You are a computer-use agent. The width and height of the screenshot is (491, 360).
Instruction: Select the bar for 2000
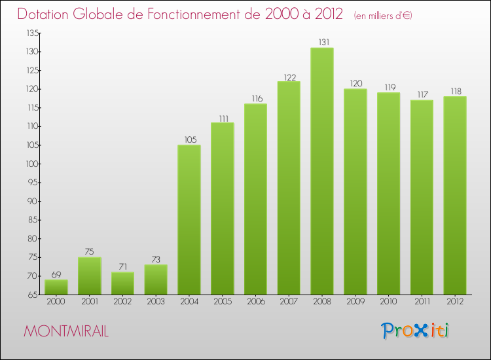tap(56, 287)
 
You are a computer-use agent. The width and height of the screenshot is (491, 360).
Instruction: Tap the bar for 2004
tap(189, 220)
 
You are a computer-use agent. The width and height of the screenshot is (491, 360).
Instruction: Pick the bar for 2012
tap(455, 196)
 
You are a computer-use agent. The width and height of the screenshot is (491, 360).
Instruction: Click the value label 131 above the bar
tap(322, 43)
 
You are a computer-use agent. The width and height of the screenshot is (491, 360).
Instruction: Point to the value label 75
tap(90, 252)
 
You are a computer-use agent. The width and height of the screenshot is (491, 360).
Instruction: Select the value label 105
tap(189, 139)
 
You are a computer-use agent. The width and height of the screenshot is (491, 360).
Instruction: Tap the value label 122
tap(289, 76)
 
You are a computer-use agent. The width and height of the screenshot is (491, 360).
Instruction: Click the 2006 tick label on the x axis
tap(255, 302)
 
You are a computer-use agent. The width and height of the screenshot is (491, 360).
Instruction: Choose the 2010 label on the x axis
tap(388, 302)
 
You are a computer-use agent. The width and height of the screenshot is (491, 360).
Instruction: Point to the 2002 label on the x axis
tap(122, 302)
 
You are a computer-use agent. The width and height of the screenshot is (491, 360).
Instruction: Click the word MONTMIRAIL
tap(66, 331)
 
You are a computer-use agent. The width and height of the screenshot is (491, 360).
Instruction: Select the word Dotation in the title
tap(45, 14)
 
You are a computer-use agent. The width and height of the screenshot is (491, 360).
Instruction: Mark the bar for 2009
tap(355, 192)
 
